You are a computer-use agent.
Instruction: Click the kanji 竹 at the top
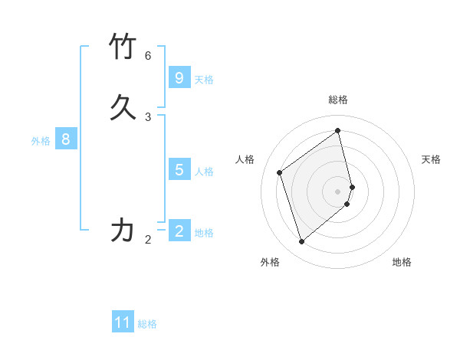(123, 47)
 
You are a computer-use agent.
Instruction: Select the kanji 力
(123, 230)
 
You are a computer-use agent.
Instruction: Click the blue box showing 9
(179, 77)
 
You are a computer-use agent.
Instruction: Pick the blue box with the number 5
(179, 169)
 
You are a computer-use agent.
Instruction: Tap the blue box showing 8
(66, 139)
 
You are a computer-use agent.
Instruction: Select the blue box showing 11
(123, 322)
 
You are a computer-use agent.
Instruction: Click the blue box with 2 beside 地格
(179, 231)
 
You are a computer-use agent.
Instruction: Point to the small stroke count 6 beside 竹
(148, 56)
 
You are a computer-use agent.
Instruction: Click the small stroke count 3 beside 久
(148, 117)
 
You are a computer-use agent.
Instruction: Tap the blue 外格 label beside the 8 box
(41, 141)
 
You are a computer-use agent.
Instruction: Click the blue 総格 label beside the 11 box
(147, 324)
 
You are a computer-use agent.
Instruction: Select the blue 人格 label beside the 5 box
(204, 171)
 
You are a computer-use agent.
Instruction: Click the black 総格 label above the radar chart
(338, 100)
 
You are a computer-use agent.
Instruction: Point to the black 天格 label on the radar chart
(432, 159)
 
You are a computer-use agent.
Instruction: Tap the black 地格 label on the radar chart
(402, 262)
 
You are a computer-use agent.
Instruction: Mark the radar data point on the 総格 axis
(338, 130)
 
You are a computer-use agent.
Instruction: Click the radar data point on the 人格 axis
(280, 172)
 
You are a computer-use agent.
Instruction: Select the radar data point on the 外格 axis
(301, 242)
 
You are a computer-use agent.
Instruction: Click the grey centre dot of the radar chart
(338, 191)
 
